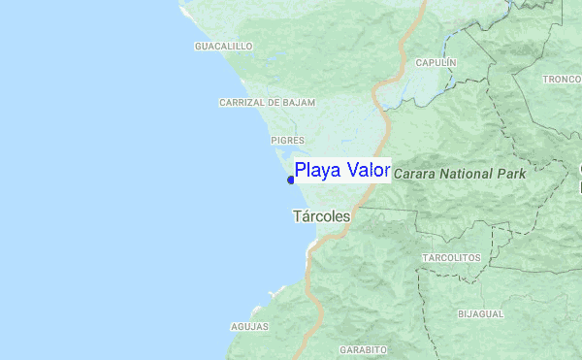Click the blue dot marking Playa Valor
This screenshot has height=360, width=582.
291,180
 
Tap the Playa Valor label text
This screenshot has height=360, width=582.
341,171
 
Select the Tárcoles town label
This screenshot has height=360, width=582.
320,217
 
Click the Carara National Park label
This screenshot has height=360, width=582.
459,175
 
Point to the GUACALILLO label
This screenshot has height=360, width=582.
223,46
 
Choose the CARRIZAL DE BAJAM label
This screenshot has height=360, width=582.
262,102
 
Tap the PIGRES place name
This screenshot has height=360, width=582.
288,141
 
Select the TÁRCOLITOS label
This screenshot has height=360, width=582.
451,257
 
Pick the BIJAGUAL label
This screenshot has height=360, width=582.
480,314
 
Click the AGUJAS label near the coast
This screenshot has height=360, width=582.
249,327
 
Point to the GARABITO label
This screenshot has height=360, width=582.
364,349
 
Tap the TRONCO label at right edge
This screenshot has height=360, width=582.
562,80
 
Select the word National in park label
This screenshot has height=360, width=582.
470,175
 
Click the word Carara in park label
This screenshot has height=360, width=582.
414,175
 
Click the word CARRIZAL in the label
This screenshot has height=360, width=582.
240,102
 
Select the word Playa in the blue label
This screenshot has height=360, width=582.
317,172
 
